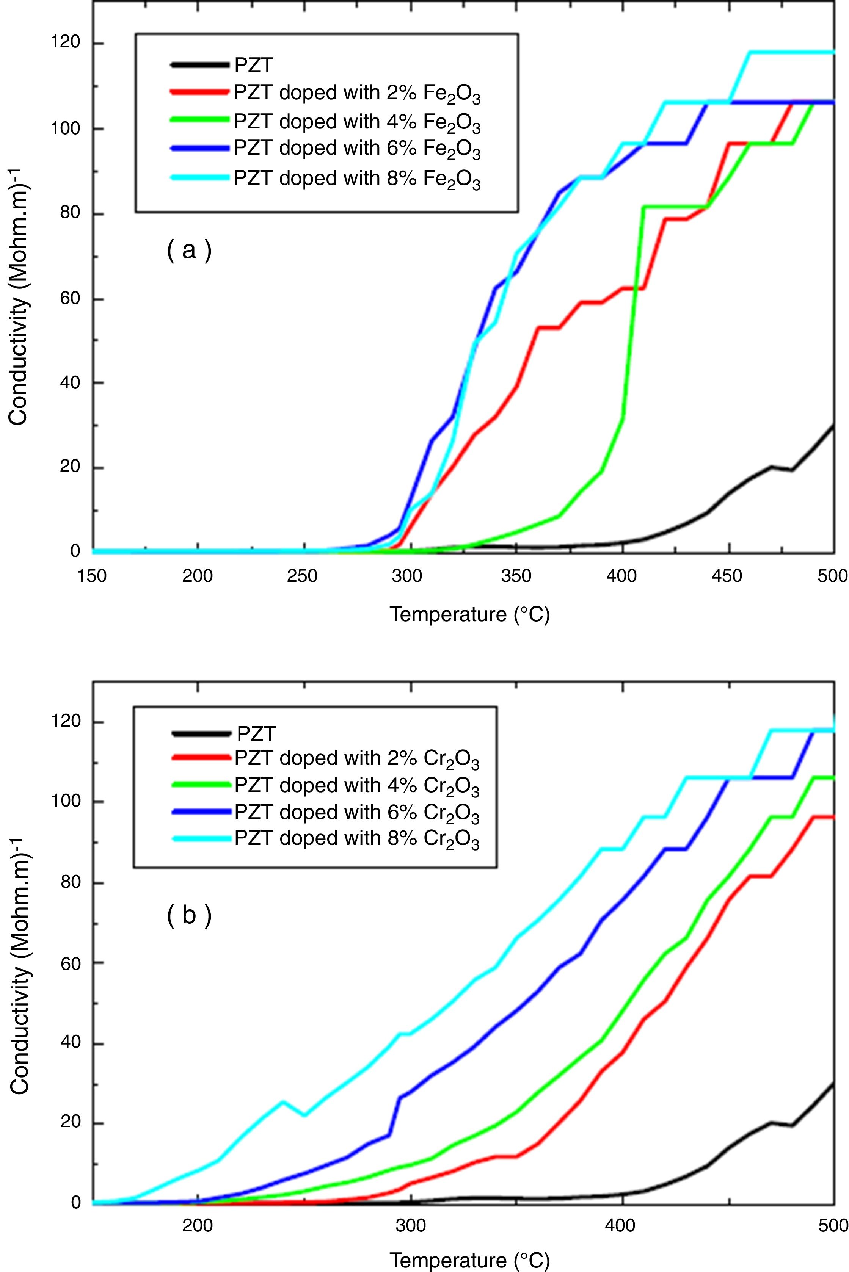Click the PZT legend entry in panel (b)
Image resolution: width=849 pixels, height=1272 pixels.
pos(256,734)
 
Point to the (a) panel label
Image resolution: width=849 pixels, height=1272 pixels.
pos(188,251)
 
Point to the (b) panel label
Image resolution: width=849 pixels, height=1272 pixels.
pos(188,915)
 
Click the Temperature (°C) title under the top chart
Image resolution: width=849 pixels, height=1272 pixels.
pos(469,614)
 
